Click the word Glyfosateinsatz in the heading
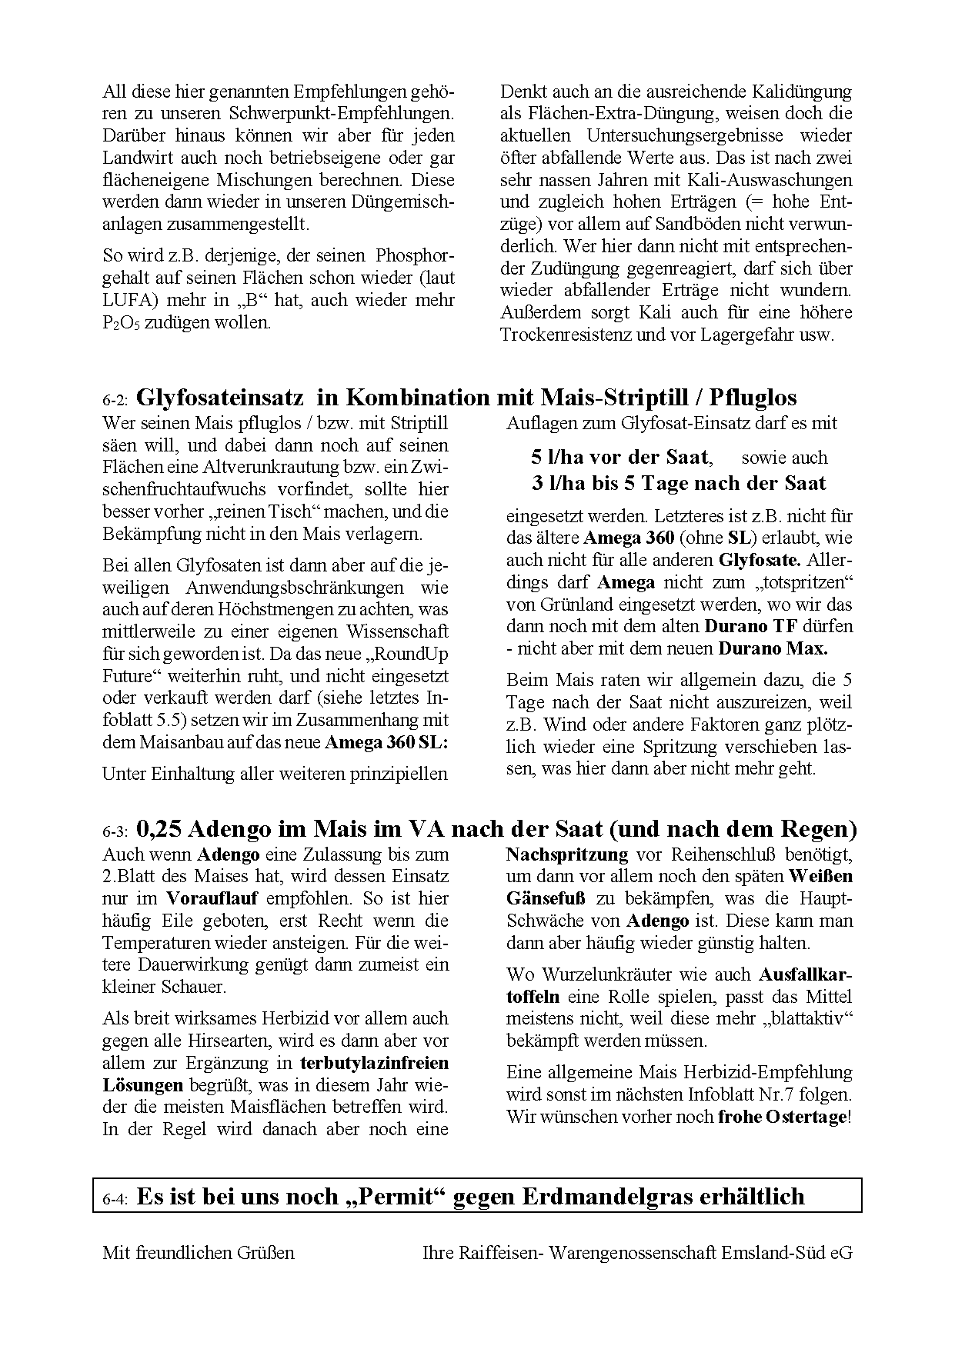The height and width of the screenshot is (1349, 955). (223, 397)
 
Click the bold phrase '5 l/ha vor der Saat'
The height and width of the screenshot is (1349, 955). (619, 457)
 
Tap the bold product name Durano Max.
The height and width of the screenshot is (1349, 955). (773, 648)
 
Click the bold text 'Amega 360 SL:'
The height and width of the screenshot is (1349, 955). (386, 743)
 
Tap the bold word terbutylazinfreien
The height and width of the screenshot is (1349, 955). (374, 1063)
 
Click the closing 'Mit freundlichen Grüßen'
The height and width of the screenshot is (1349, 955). (199, 1252)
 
